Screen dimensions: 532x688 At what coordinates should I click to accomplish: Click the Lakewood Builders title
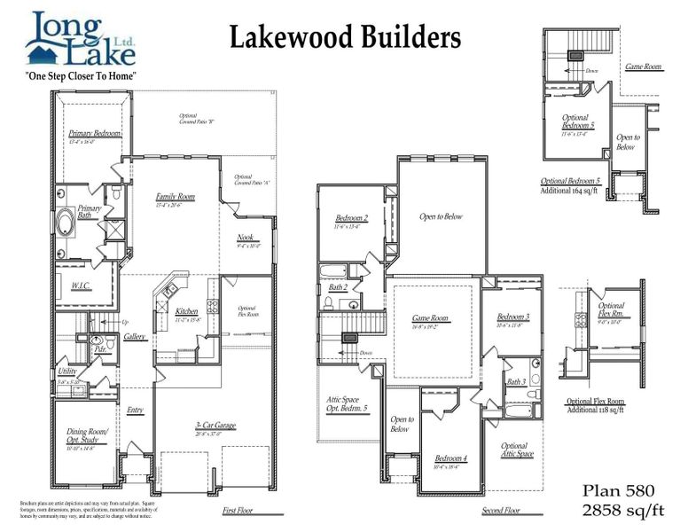pos(345,38)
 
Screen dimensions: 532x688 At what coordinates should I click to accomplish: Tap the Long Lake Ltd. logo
pos(82,40)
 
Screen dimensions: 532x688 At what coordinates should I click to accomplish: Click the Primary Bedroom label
pos(95,133)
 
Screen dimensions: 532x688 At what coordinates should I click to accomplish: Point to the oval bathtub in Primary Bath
pos(67,223)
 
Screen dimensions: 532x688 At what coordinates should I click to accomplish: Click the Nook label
pos(246,237)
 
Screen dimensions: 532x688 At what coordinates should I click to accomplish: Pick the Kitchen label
pos(186,311)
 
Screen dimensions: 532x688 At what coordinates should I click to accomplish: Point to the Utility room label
pos(67,372)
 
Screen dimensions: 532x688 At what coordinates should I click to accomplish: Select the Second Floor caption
pos(500,511)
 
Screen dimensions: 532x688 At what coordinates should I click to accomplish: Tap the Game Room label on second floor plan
pos(431,317)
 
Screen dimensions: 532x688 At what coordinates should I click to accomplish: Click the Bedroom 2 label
pos(351,218)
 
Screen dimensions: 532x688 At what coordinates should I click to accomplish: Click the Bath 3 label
pos(515,381)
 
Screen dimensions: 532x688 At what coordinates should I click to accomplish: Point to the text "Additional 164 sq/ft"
pos(571,189)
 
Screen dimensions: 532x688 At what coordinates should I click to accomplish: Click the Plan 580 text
pos(619,490)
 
